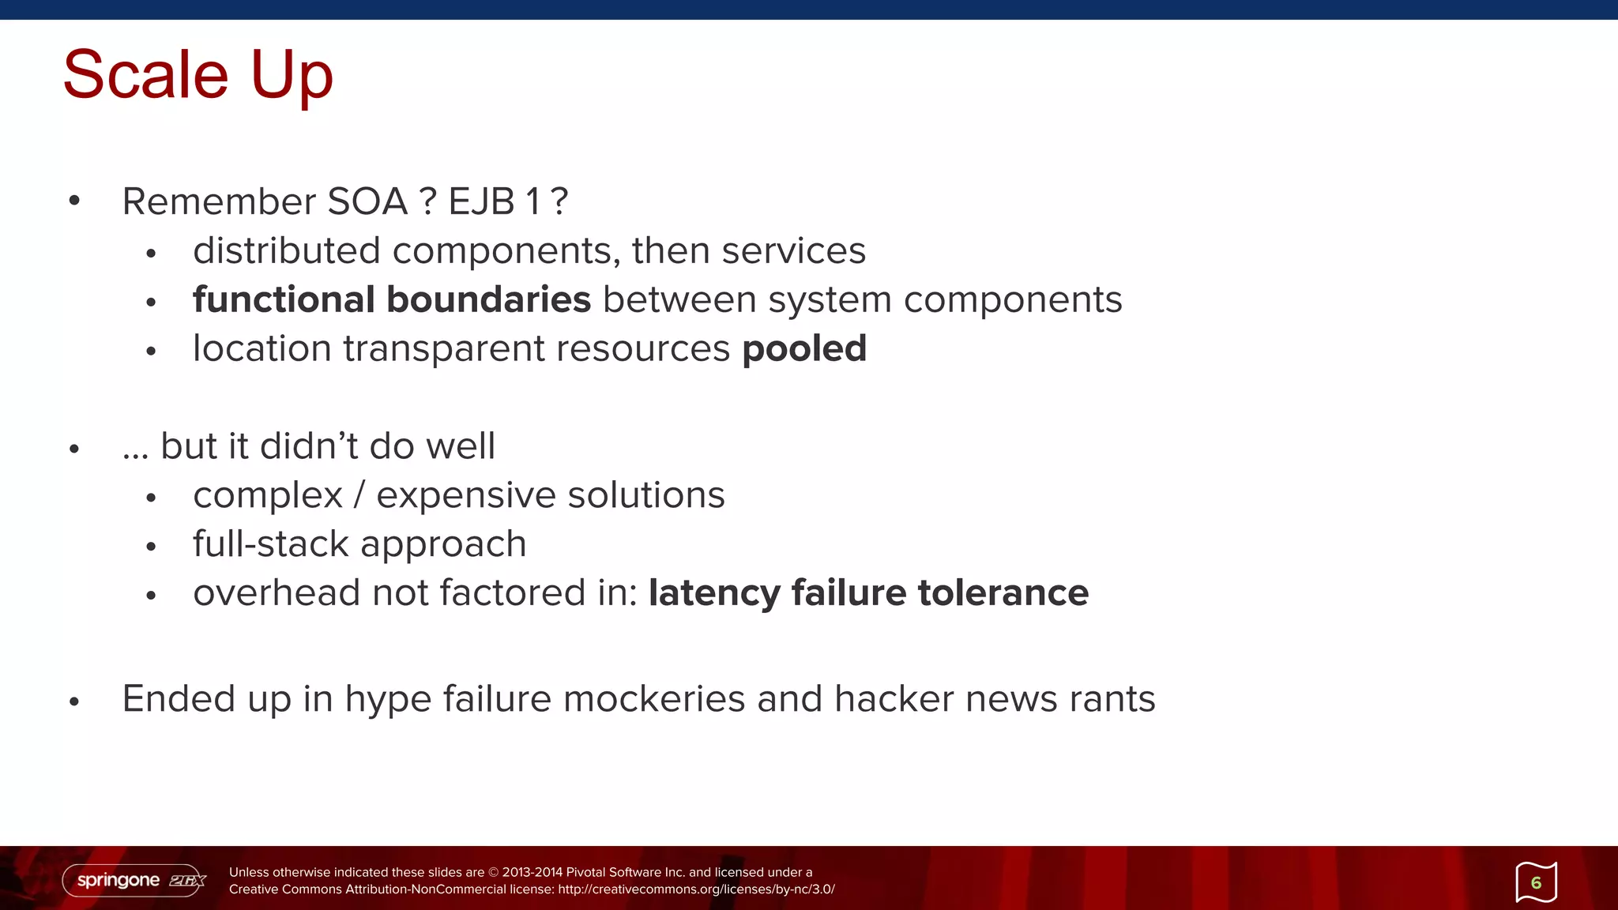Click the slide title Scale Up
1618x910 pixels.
point(198,74)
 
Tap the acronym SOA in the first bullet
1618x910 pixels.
point(367,201)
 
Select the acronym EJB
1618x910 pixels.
point(482,201)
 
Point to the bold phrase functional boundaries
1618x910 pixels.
point(392,299)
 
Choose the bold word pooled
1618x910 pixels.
point(804,348)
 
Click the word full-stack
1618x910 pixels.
point(271,544)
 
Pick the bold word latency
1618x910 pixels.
point(714,593)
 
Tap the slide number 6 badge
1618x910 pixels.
point(1536,882)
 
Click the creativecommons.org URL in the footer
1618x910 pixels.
point(696,889)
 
